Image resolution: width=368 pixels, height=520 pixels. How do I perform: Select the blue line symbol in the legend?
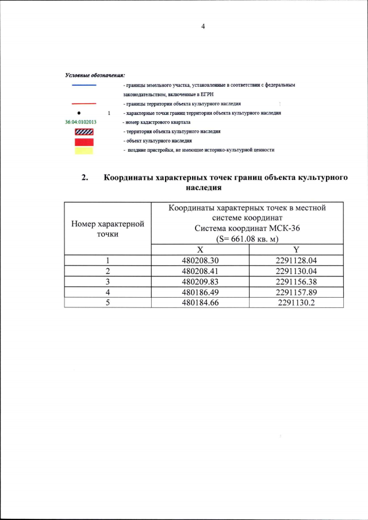(84, 85)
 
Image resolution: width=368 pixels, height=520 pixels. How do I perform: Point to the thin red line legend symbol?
(84, 103)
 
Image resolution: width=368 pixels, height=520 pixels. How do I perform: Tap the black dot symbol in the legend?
(78, 113)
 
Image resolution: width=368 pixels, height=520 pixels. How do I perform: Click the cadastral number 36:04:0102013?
(80, 122)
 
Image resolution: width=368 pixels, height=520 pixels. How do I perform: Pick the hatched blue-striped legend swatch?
(84, 132)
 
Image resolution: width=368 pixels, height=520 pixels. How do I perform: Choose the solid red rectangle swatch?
(84, 141)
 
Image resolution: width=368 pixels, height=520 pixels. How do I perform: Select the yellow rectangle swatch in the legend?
(84, 150)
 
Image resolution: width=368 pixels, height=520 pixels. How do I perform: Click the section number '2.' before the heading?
(85, 178)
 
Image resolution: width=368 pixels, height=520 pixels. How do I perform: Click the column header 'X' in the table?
(200, 250)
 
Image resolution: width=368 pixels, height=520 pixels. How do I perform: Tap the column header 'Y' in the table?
(296, 250)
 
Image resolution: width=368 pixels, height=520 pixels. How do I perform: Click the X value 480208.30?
(200, 260)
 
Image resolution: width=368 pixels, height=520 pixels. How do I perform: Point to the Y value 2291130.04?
(296, 271)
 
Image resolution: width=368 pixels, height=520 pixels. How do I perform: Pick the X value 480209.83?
(200, 281)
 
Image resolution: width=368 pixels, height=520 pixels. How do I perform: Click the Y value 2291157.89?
(296, 291)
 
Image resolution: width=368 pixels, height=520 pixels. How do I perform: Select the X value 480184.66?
(200, 302)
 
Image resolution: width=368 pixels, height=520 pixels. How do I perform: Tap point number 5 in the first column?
(108, 302)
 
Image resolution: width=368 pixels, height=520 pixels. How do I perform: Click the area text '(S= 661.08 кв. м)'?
(247, 238)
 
